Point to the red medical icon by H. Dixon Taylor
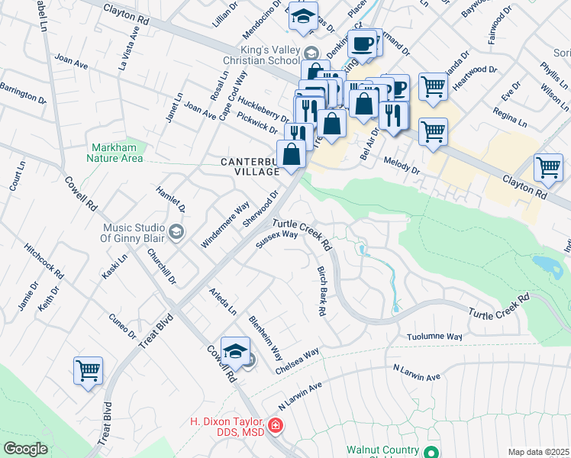point(274,426)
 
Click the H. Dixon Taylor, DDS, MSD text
point(227,427)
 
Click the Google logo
point(25,449)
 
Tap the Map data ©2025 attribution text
point(537,452)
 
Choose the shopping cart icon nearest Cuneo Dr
point(88,371)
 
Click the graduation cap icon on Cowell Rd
point(237,351)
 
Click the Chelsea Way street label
point(297,360)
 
